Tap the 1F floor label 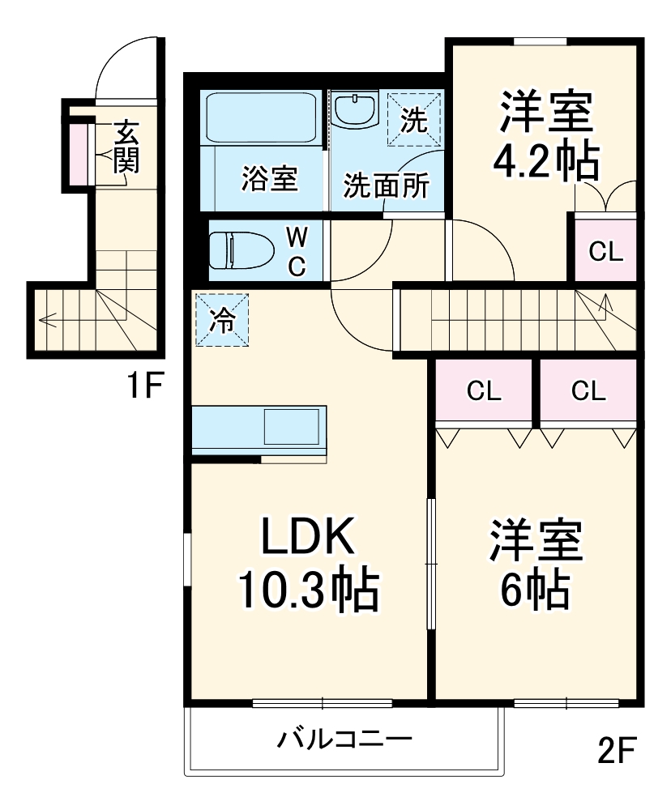point(146,387)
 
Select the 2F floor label point(618,751)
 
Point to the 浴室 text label point(269,179)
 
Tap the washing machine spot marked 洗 point(413,120)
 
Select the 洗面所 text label point(386,185)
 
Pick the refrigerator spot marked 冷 point(220,320)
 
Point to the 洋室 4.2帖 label point(546,135)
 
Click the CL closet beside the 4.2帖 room point(605,252)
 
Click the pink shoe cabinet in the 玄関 point(76,151)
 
